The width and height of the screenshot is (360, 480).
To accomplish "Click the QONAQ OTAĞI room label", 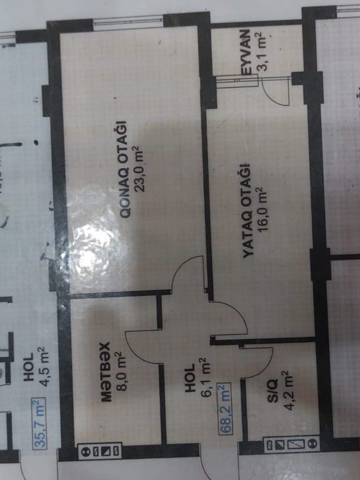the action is (124, 169).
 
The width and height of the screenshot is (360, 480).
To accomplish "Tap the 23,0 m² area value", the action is (139, 168).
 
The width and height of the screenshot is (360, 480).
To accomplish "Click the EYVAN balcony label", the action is (246, 52).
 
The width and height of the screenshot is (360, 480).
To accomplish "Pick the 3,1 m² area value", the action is (262, 51).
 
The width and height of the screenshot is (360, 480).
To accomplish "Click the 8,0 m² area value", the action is (121, 371).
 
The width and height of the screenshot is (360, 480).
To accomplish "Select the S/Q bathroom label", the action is (272, 391).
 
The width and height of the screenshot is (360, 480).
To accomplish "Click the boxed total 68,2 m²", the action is (225, 408).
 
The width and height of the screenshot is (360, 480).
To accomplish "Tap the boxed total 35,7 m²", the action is (39, 423).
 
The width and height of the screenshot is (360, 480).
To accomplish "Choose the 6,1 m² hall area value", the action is (206, 377).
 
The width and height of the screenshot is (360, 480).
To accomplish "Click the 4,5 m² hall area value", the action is (42, 367).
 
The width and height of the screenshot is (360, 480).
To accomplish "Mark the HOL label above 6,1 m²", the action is (190, 378).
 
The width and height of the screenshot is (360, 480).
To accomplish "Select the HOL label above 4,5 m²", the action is (28, 367).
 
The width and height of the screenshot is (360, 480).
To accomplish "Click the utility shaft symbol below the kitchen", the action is (99, 451).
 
